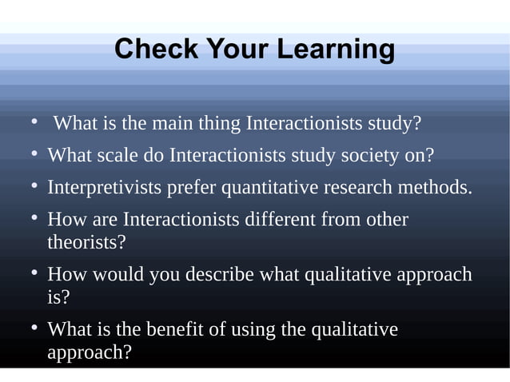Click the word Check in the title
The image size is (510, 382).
157,50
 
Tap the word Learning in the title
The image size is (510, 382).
336,50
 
